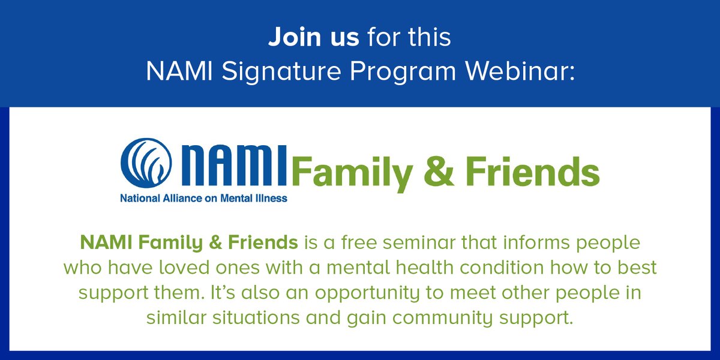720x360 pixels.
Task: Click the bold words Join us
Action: coord(313,37)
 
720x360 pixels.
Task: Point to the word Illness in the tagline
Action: coord(272,197)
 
